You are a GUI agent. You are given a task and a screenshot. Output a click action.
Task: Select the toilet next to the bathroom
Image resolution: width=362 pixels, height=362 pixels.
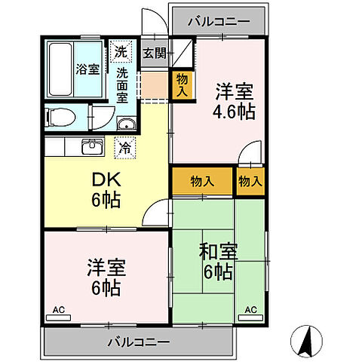point(60,117)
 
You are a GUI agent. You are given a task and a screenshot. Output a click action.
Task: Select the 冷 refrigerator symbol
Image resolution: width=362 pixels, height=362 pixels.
point(124,147)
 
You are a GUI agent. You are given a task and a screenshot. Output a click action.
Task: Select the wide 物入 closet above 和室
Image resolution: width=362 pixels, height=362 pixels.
point(201,181)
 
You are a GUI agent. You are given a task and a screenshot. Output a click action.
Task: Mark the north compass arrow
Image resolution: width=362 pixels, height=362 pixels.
point(306,343)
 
